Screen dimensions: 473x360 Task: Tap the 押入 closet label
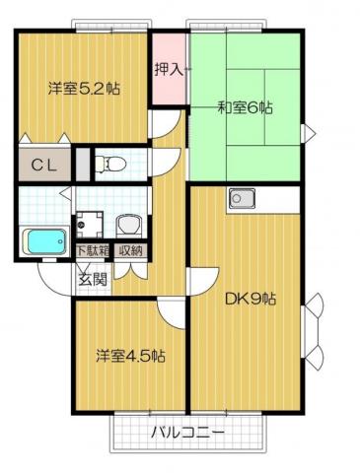[x=168, y=69]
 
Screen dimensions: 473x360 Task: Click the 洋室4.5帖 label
[x=129, y=355]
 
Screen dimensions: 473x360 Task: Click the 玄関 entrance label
[x=92, y=278]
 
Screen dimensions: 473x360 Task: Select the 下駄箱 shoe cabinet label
[x=94, y=250]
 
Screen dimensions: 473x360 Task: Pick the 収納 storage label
[x=130, y=250]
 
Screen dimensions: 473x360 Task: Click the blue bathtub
[x=44, y=240]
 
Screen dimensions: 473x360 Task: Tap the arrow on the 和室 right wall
[x=309, y=132]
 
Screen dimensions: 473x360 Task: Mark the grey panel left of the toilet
[x=83, y=163]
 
